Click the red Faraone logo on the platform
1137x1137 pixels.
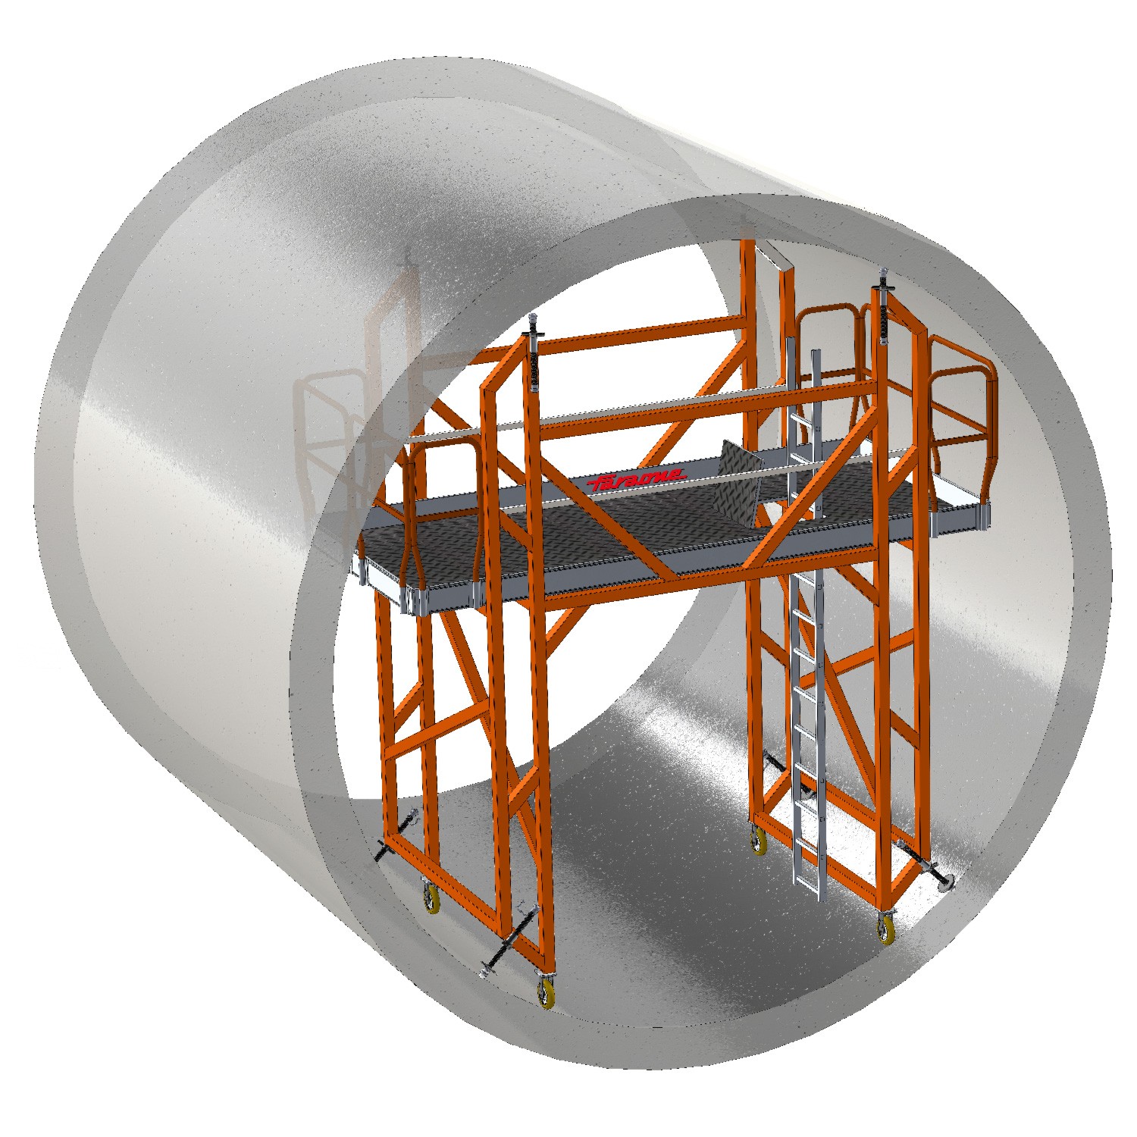(638, 479)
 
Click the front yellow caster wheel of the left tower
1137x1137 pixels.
(546, 989)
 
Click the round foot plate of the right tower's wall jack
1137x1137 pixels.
(946, 879)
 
